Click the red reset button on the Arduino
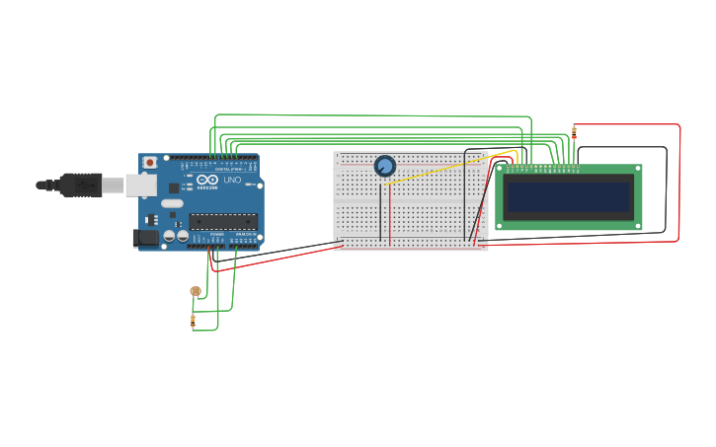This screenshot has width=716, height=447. click(150, 163)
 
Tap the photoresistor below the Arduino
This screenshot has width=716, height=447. click(196, 291)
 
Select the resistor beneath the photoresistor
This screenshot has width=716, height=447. click(193, 321)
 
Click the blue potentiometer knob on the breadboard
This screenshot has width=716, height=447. click(385, 166)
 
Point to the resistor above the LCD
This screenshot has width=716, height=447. click(574, 133)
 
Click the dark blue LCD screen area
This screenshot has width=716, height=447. click(568, 197)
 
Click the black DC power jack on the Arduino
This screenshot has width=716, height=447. click(144, 237)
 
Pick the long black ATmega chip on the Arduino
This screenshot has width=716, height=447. click(223, 222)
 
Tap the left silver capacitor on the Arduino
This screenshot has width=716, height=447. click(170, 237)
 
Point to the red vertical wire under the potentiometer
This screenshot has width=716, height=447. click(389, 212)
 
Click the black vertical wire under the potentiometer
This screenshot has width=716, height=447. click(380, 212)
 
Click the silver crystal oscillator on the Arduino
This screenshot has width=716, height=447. click(173, 204)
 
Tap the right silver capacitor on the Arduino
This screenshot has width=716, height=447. click(183, 237)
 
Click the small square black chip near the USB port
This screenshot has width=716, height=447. click(174, 187)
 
